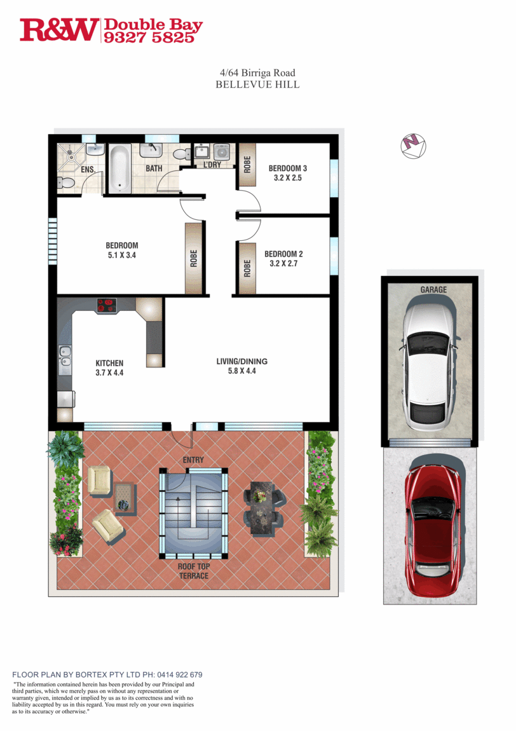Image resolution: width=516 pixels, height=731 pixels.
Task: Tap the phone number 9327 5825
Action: point(149,38)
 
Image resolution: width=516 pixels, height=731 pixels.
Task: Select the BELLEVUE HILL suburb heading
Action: point(257,85)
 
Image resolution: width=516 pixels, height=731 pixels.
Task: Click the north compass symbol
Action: point(414,146)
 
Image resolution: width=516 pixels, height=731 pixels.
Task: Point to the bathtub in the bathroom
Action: point(120,168)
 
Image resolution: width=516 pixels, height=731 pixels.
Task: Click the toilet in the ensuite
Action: point(65,183)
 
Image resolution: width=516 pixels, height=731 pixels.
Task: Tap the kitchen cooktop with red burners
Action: point(107,305)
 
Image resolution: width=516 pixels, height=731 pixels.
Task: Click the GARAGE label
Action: point(433,289)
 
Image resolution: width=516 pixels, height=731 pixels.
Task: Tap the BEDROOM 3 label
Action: point(288,168)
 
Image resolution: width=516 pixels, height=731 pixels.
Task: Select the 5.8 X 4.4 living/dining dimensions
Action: point(242,371)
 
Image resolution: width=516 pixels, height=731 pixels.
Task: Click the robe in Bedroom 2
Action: point(247,268)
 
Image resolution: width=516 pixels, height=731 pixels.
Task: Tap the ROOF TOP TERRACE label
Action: point(194,571)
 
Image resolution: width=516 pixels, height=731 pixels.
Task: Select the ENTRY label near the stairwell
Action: point(193,460)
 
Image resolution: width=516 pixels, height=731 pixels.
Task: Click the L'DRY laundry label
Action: point(212,165)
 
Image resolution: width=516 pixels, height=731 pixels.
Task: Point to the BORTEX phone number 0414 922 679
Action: point(180,674)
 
